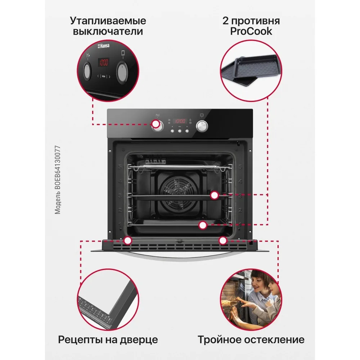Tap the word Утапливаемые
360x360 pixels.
[108, 20]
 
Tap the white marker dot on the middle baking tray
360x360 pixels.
[215, 195]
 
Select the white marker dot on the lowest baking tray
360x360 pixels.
[203, 225]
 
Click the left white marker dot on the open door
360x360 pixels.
[128, 240]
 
